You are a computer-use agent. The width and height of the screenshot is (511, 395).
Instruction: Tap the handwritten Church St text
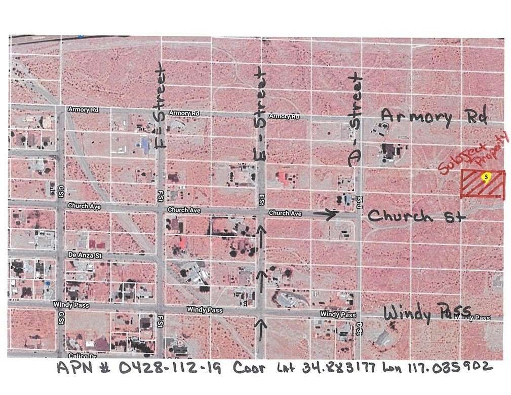pyautogui.click(x=416, y=216)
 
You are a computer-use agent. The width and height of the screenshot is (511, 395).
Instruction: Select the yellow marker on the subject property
pyautogui.click(x=486, y=177)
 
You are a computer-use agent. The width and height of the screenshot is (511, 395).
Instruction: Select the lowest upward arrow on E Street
pyautogui.click(x=261, y=324)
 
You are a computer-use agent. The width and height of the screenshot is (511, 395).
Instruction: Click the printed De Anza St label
pyautogui.click(x=84, y=256)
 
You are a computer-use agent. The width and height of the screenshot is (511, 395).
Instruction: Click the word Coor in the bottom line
pyautogui.click(x=249, y=368)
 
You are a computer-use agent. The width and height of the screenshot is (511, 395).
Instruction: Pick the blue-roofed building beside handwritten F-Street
pyautogui.click(x=146, y=146)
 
